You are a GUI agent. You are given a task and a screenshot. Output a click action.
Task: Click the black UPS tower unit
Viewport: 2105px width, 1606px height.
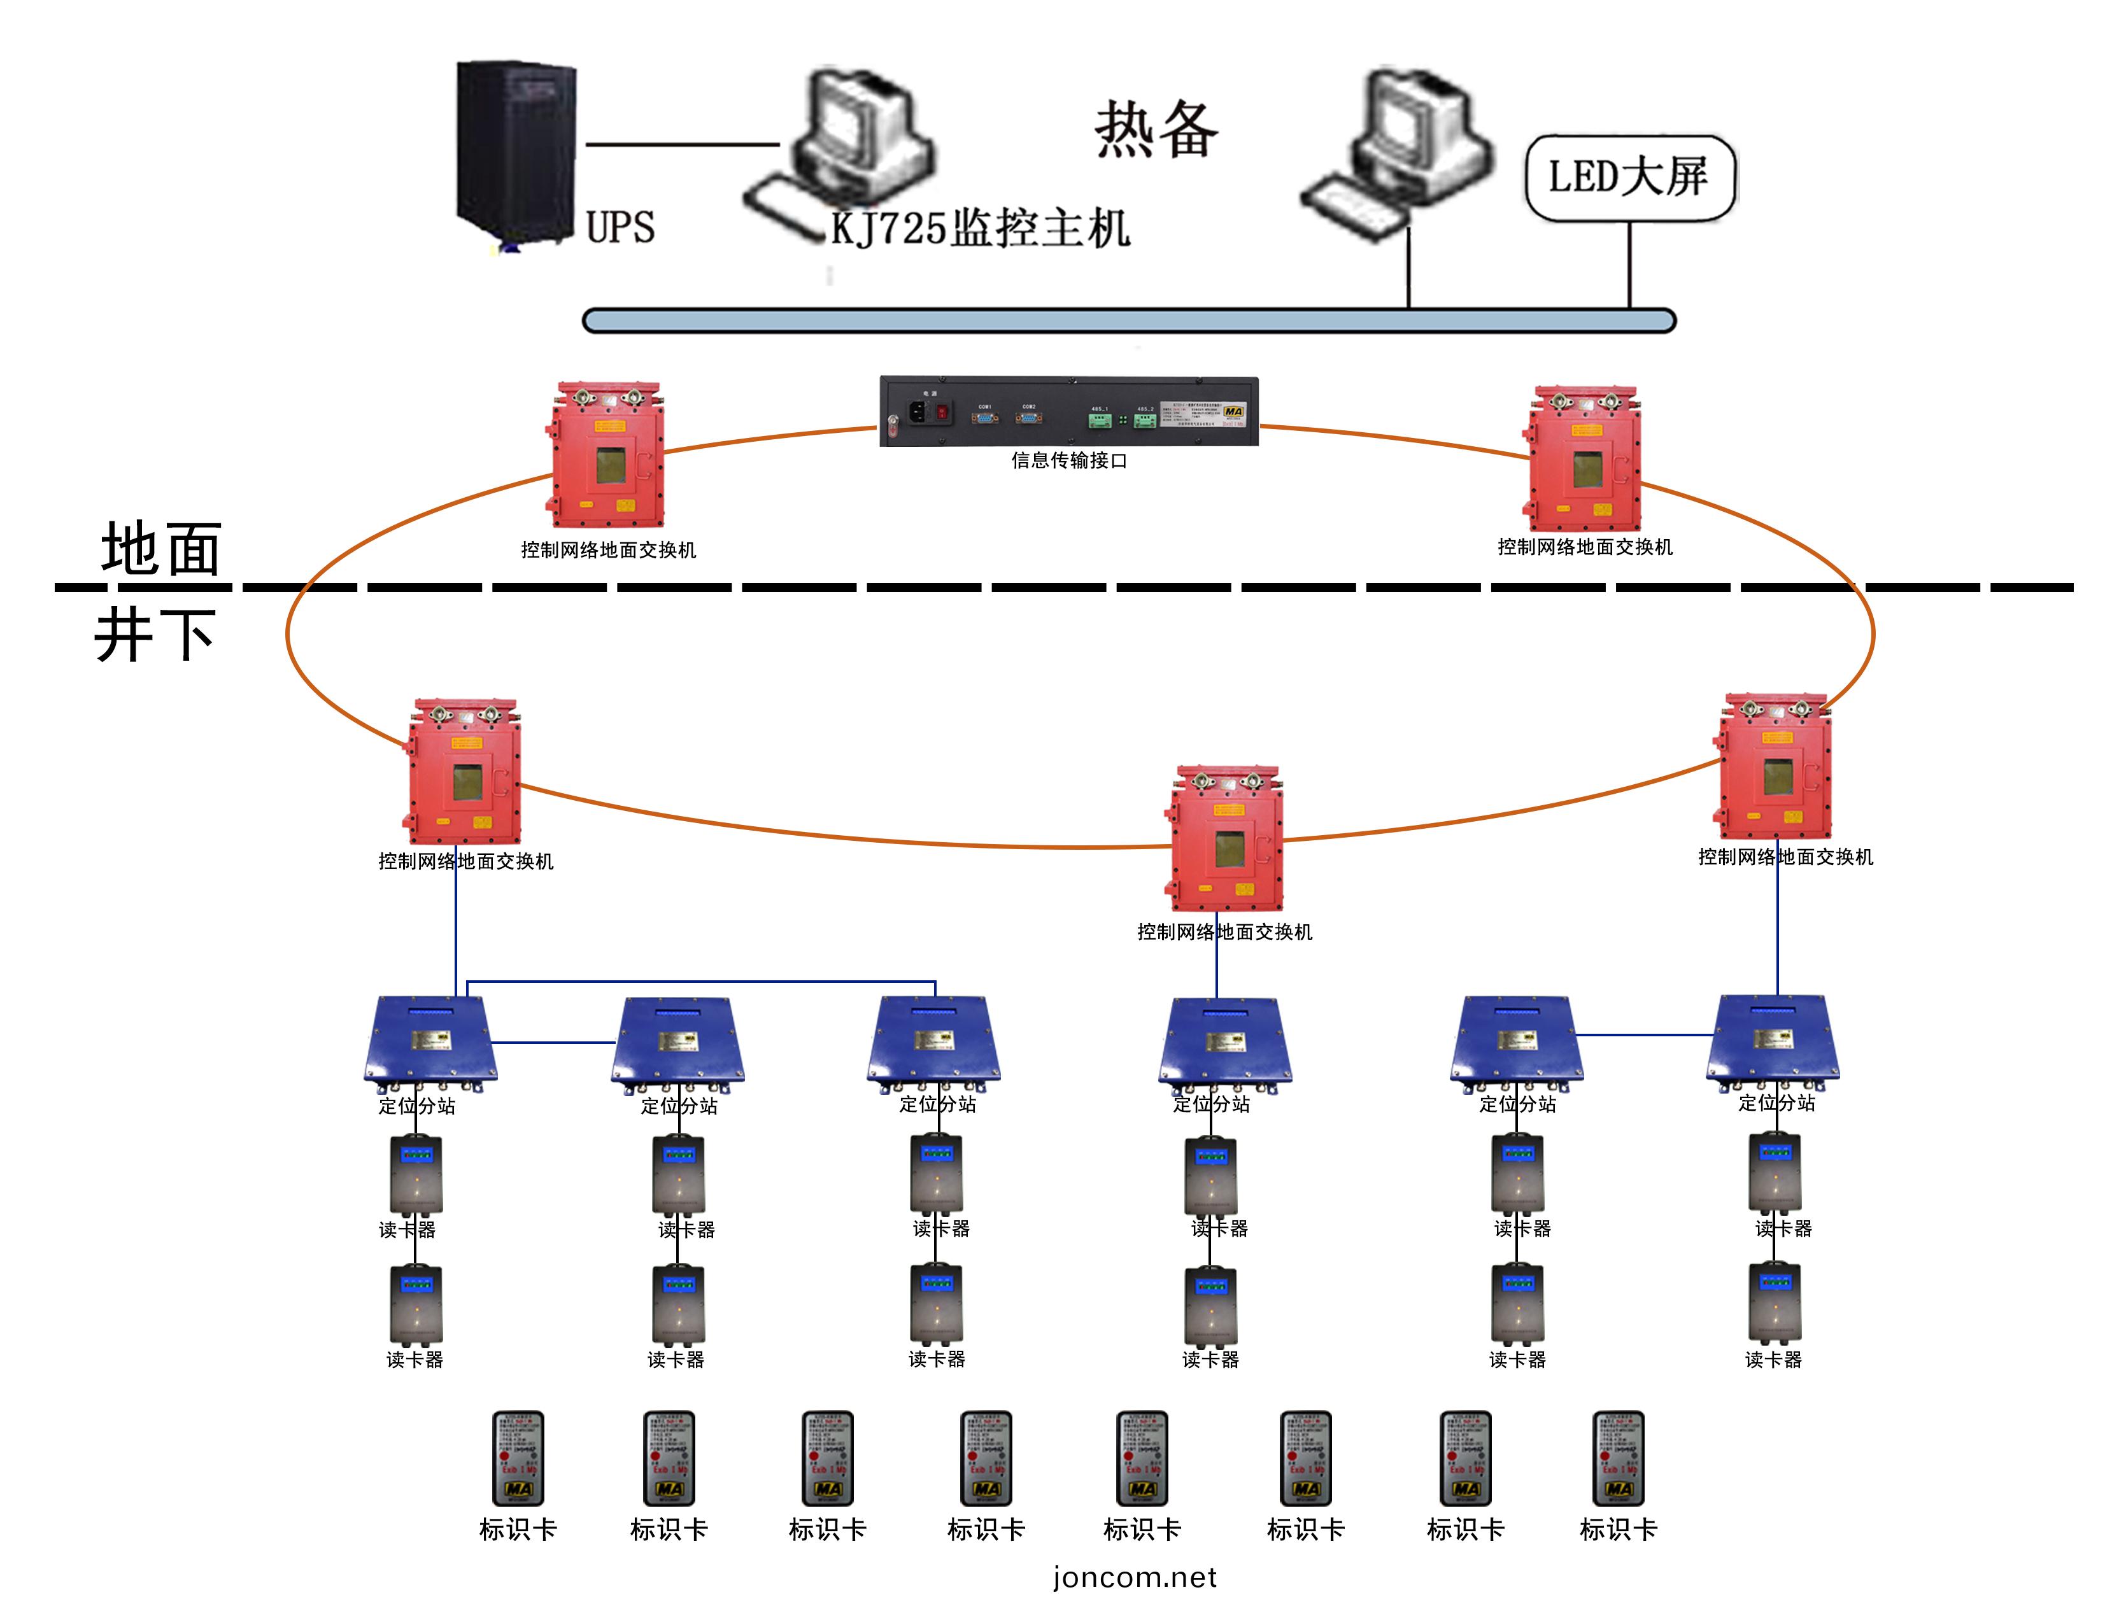pyautogui.click(x=516, y=153)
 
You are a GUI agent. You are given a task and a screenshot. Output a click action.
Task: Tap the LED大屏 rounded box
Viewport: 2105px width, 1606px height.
pyautogui.click(x=1628, y=178)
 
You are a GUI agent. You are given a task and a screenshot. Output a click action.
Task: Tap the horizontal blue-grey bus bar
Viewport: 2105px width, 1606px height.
pyautogui.click(x=1128, y=320)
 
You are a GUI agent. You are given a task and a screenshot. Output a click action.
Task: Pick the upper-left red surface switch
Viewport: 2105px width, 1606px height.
pyautogui.click(x=607, y=456)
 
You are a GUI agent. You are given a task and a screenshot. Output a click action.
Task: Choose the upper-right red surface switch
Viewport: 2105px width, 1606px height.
pyautogui.click(x=1584, y=459)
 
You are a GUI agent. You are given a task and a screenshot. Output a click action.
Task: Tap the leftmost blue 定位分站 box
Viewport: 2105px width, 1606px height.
pyautogui.click(x=430, y=1042)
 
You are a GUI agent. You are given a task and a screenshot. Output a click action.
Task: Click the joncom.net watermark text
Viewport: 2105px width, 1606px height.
pyautogui.click(x=1135, y=1576)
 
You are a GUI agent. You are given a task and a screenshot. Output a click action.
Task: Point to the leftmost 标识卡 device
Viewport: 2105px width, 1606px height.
pyautogui.click(x=517, y=1458)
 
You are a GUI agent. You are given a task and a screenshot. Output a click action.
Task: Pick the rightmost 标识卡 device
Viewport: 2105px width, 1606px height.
pyautogui.click(x=1617, y=1458)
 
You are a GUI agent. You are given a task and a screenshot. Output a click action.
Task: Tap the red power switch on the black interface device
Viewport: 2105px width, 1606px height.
pyautogui.click(x=942, y=412)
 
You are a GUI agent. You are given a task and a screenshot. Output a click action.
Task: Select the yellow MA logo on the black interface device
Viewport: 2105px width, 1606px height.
pyautogui.click(x=1233, y=411)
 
